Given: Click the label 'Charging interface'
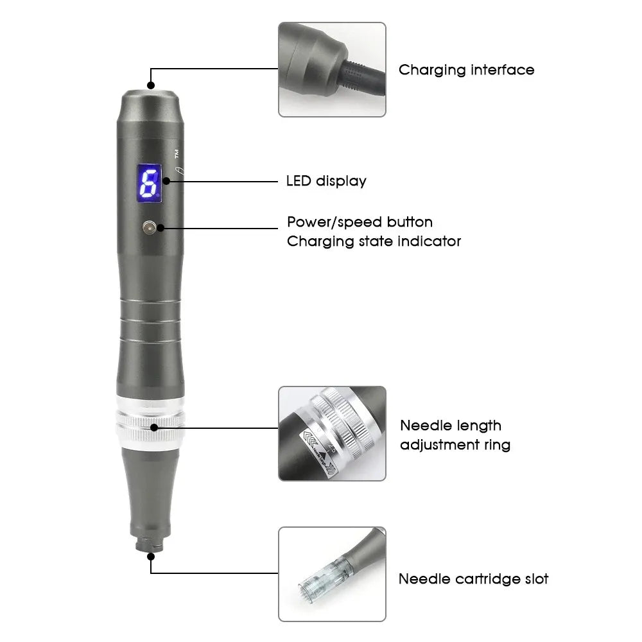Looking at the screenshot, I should pos(466,69).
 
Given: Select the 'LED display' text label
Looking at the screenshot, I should pos(325,181).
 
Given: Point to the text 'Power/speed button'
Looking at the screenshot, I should pos(360,222).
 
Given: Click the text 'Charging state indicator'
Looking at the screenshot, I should pos(374,241).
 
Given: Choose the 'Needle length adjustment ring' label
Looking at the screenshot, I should pos(455,435).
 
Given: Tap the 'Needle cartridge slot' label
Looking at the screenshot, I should pos(473,578).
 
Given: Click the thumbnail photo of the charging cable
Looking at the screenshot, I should pos(332,69).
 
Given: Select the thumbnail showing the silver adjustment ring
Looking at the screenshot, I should pos(332,433).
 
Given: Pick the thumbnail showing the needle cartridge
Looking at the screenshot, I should pos(332,574).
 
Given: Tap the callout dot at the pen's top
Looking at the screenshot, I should pos(152,85).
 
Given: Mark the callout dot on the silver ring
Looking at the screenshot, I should pos(154,427).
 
